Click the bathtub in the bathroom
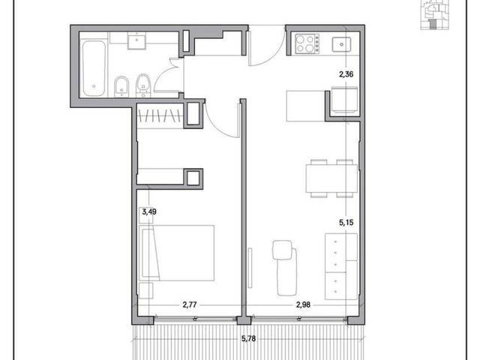click(x=94, y=69)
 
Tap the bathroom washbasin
click(x=136, y=42)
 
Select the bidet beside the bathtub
click(x=121, y=86)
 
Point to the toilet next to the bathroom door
click(x=143, y=85)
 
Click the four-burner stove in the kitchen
click(x=307, y=43)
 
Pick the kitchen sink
click(x=341, y=44)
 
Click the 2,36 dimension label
click(x=346, y=74)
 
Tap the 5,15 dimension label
click(x=346, y=223)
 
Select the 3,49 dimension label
click(x=149, y=211)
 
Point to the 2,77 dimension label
click(x=190, y=305)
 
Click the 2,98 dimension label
click(x=303, y=305)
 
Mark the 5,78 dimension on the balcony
click(x=248, y=338)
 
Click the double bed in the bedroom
click(x=177, y=253)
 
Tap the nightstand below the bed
click(x=145, y=291)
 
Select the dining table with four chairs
click(x=331, y=178)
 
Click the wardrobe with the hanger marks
click(x=158, y=116)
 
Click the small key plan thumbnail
click(x=435, y=15)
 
